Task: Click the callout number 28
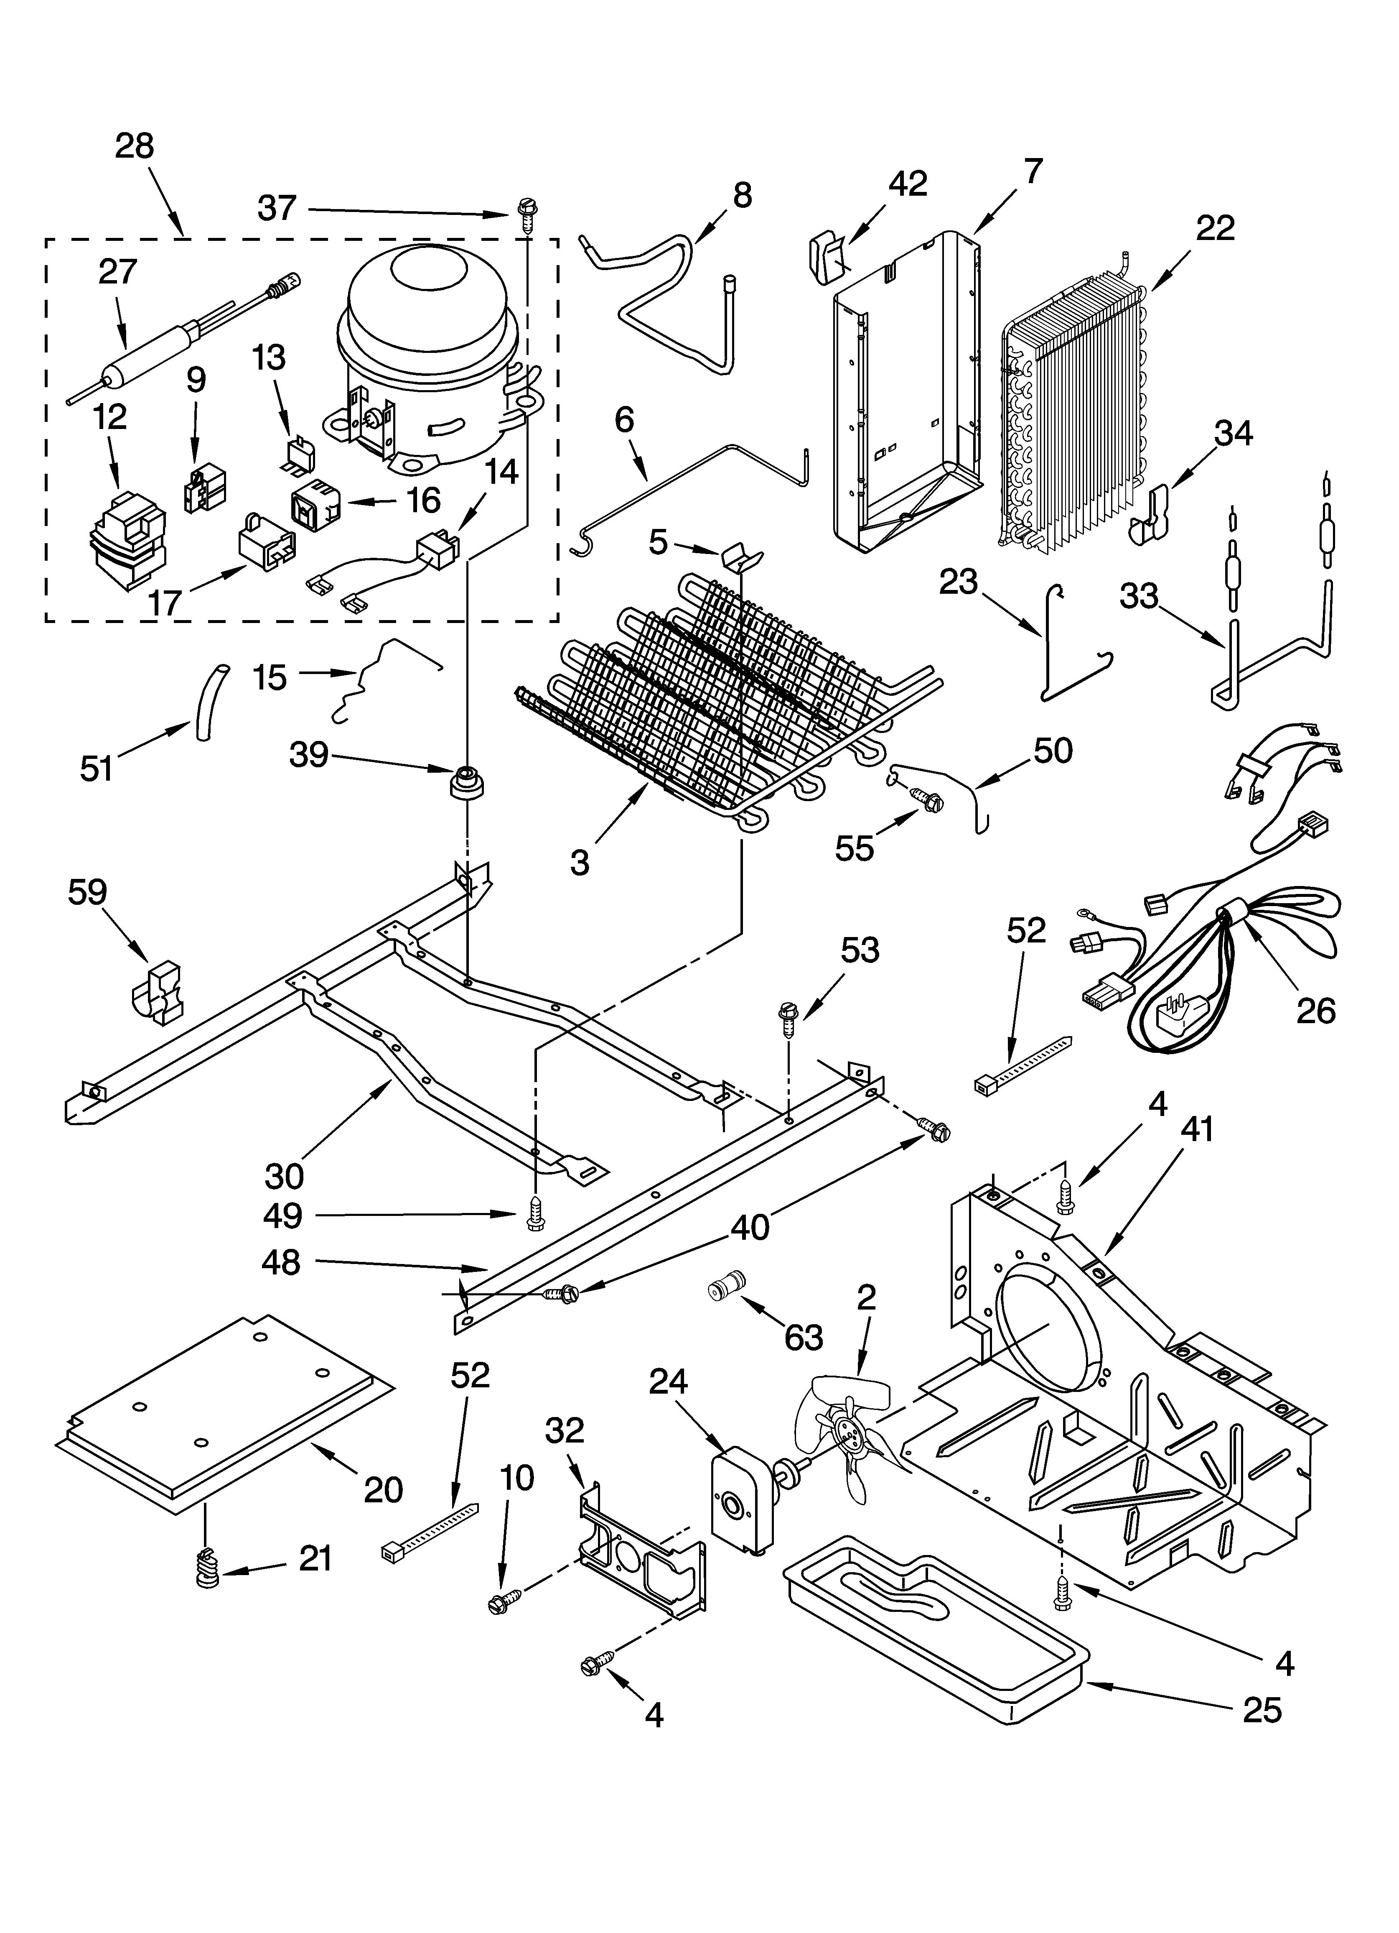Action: tap(135, 147)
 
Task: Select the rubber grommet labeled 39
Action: tap(466, 781)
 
